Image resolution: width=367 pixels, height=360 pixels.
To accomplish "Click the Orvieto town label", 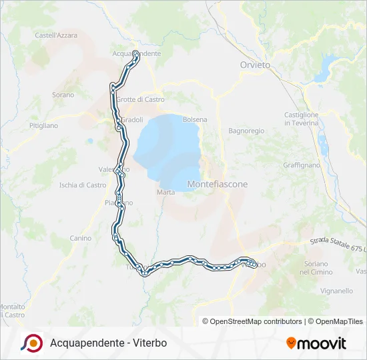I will pyautogui.click(x=255, y=65).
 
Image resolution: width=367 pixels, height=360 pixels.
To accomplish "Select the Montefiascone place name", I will pyautogui.click(x=218, y=184).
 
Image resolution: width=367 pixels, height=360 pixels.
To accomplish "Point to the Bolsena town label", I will pyautogui.click(x=195, y=119).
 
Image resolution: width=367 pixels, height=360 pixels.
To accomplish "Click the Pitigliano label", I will pyautogui.click(x=43, y=125).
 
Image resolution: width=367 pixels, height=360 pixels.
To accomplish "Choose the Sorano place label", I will pyautogui.click(x=63, y=95).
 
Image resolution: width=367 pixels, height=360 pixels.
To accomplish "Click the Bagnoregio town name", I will pyautogui.click(x=246, y=131).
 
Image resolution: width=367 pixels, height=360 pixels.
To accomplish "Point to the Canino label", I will pyautogui.click(x=80, y=238).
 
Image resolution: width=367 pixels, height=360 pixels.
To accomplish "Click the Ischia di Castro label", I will pyautogui.click(x=83, y=185).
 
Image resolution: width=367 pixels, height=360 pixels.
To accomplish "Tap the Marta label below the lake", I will pyautogui.click(x=165, y=192).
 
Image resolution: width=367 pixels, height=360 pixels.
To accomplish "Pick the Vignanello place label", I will pyautogui.click(x=336, y=291).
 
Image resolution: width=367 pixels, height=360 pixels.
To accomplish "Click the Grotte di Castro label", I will pyautogui.click(x=140, y=99).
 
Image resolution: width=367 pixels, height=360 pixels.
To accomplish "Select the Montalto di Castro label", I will pyautogui.click(x=12, y=311).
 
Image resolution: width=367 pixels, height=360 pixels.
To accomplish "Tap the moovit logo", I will pyautogui.click(x=316, y=343).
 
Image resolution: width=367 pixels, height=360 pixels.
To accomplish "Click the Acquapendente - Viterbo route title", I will pyautogui.click(x=108, y=343).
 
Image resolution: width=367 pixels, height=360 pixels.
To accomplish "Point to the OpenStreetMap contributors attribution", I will pyautogui.click(x=252, y=321).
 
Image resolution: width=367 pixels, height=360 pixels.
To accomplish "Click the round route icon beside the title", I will pyautogui.click(x=31, y=343).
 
